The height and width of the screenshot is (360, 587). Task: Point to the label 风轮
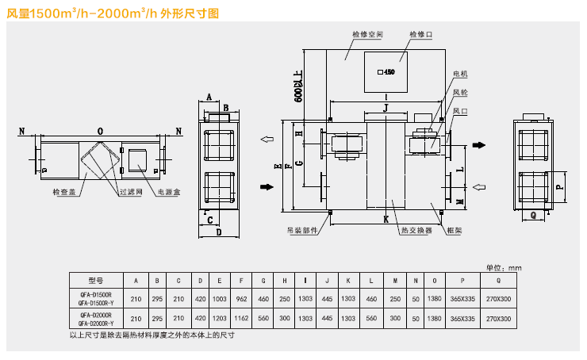click(x=460, y=93)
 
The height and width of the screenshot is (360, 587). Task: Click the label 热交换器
click(x=416, y=231)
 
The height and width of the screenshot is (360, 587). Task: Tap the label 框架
click(x=455, y=231)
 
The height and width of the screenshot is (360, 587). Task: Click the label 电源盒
click(x=170, y=192)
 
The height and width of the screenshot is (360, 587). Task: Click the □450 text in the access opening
click(x=386, y=72)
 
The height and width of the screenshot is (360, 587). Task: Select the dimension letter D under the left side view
click(x=218, y=232)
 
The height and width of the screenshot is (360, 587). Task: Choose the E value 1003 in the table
click(x=220, y=299)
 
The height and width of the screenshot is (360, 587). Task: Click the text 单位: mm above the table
click(x=504, y=268)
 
